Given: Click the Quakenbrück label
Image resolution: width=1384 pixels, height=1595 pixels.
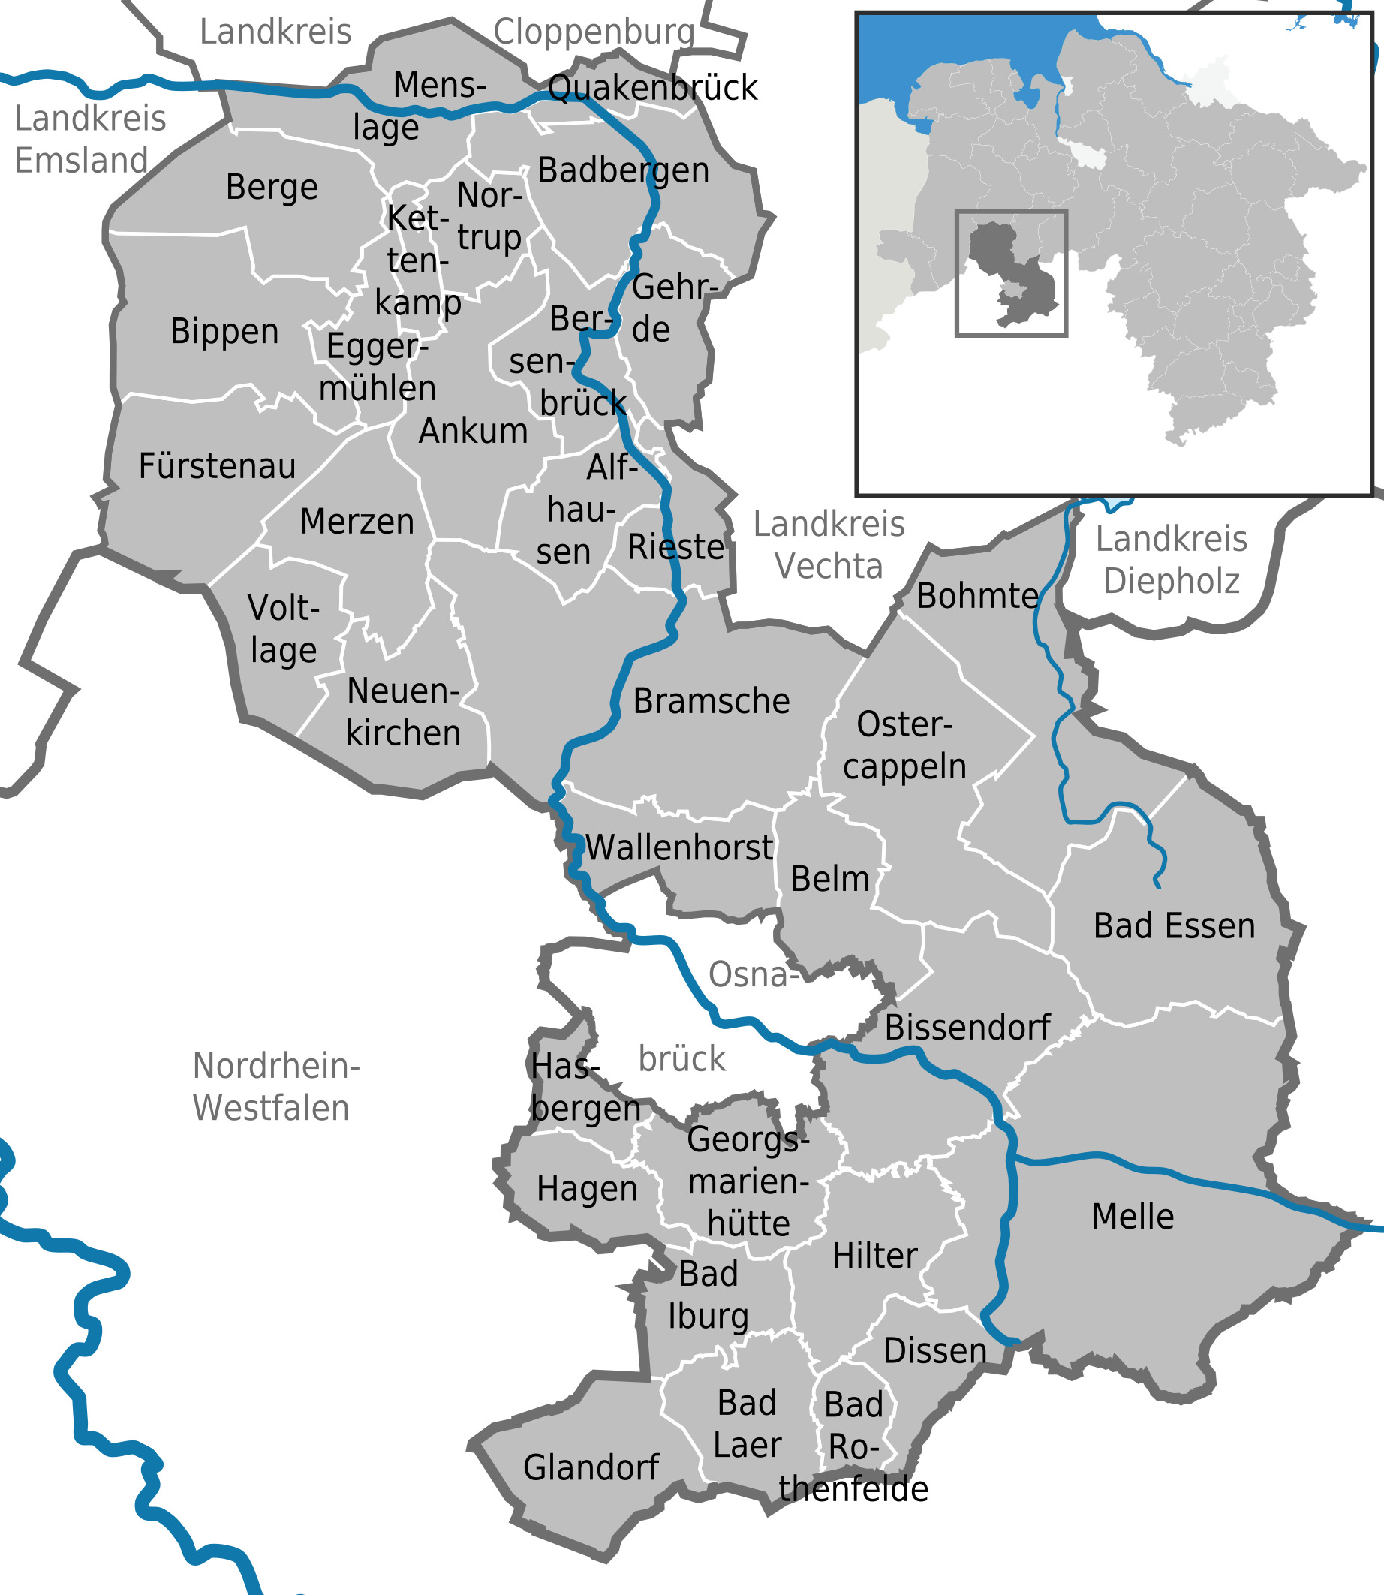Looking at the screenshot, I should [x=653, y=89].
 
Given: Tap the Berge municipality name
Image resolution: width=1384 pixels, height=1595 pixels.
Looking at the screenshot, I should [x=272, y=188].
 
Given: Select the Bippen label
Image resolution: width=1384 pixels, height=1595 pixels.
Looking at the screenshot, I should [x=224, y=332].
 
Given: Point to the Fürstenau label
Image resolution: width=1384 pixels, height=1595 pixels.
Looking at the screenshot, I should [x=217, y=467].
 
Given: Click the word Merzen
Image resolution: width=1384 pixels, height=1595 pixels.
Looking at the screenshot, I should [x=357, y=522].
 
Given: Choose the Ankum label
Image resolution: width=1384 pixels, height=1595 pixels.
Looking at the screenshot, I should [x=473, y=432].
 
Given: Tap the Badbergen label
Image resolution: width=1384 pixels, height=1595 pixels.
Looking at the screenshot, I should [x=623, y=170].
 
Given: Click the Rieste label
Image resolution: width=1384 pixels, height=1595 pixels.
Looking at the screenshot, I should [x=675, y=548].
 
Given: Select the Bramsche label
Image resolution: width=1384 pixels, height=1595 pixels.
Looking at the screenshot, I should [x=712, y=701].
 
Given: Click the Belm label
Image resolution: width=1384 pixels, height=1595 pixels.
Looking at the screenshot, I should [x=829, y=880].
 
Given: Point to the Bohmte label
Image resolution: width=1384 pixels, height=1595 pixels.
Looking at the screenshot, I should [x=977, y=596].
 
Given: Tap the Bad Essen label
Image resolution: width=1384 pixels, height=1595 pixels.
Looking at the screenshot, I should [x=1174, y=926].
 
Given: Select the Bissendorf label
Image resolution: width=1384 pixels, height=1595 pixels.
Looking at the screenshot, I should [x=967, y=1028].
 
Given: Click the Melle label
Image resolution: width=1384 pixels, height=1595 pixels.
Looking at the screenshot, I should [x=1133, y=1217].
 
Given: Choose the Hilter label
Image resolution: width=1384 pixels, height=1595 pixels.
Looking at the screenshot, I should [x=874, y=1256].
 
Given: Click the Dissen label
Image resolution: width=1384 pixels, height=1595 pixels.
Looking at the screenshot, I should [x=934, y=1351].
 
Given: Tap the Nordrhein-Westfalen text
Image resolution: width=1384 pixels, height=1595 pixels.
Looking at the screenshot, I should [x=275, y=1088].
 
